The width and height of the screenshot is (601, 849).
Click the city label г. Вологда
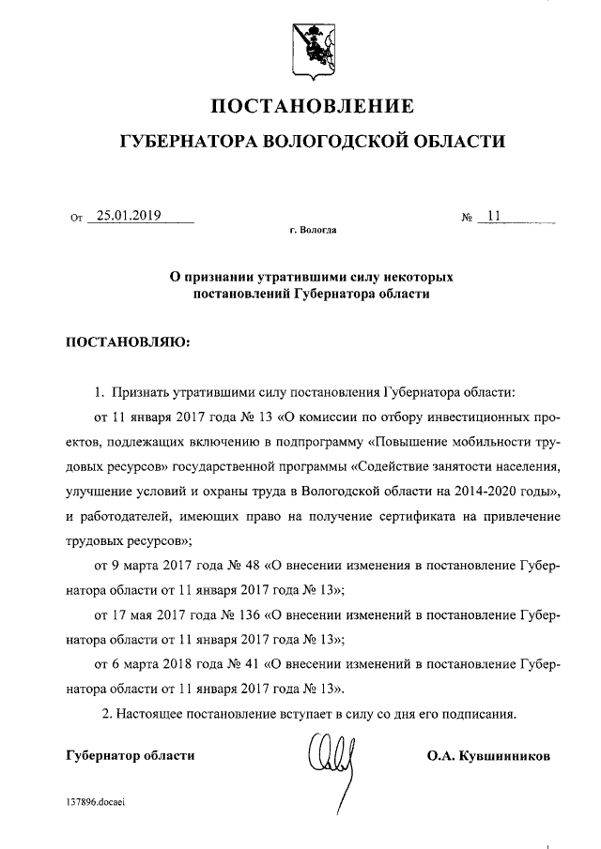tap(313, 229)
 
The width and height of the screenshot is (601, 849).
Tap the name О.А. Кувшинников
tap(488, 755)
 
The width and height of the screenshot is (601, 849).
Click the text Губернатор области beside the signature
tap(131, 755)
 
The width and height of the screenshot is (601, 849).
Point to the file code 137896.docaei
tap(96, 801)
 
